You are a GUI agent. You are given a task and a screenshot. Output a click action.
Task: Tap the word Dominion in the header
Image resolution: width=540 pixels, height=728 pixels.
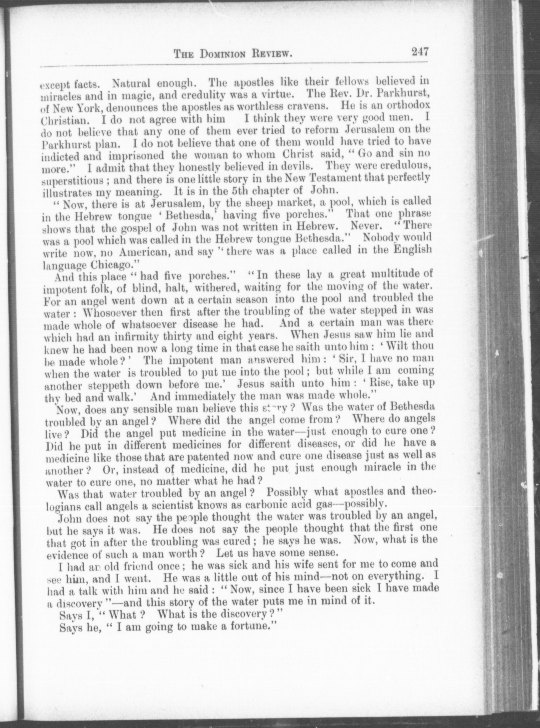(225, 54)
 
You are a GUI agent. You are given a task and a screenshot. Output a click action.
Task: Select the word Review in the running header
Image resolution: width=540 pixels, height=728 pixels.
(272, 54)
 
